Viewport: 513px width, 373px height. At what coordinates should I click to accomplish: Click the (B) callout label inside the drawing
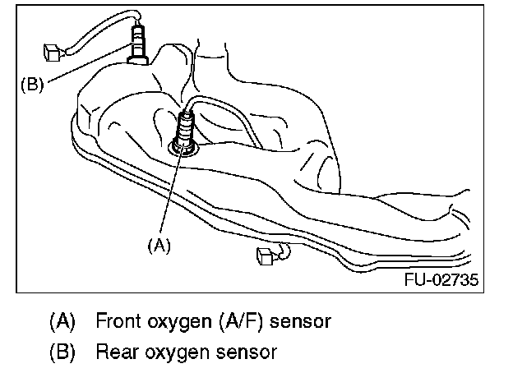pyautogui.click(x=29, y=83)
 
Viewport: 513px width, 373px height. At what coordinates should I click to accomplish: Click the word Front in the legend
pyautogui.click(x=118, y=320)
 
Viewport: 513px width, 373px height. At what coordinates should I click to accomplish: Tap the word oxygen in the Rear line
pyautogui.click(x=170, y=352)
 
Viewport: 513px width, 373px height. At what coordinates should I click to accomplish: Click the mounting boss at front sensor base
pyautogui.click(x=181, y=148)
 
